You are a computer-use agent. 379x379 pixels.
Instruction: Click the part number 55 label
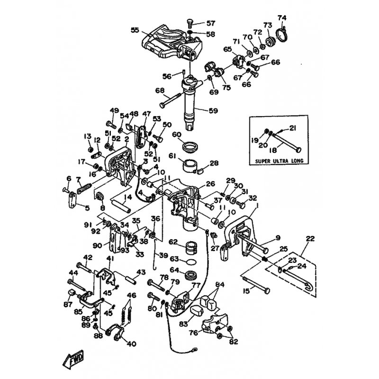pos(135,29)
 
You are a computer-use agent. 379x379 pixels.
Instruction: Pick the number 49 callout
pos(114,111)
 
